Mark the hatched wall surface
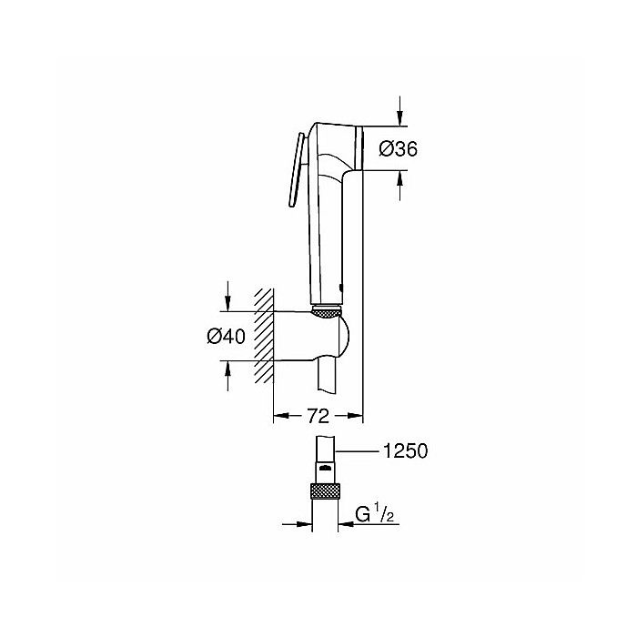point(264,335)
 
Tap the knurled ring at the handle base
point(326,314)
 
